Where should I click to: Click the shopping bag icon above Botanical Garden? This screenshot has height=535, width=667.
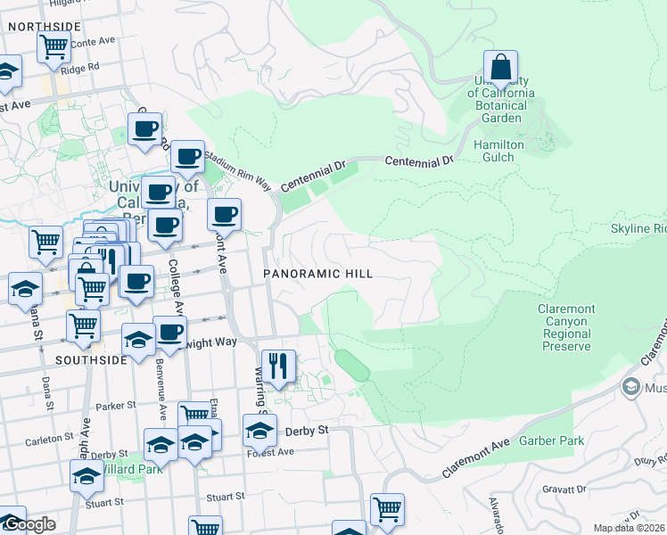point(501,67)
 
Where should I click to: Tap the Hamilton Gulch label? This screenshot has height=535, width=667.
point(498,151)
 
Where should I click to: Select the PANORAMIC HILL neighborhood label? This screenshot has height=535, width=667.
point(317,274)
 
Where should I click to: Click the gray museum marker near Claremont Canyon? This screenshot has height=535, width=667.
point(631,387)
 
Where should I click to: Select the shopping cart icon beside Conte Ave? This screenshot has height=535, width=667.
point(54,45)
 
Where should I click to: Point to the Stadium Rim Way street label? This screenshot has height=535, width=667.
point(237,169)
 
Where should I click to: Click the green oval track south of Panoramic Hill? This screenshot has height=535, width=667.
point(350,366)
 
